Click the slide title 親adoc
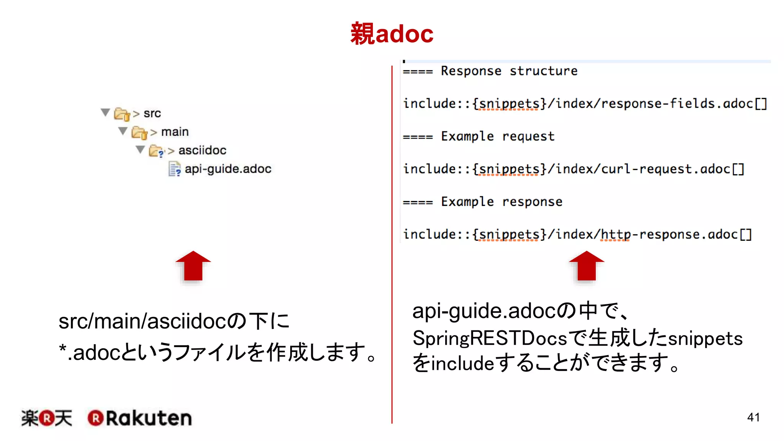coord(392,34)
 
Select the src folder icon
coord(122,114)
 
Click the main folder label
coord(175,132)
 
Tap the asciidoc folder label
coord(202,150)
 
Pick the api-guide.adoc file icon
coord(175,169)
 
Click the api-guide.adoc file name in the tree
coord(228,169)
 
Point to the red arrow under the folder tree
coord(193,267)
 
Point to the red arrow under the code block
coord(586,267)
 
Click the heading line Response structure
coord(490,71)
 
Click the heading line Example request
coord(479,137)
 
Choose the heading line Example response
coord(482,202)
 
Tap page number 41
coord(753,417)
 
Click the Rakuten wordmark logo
coord(140,418)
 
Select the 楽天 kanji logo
coord(46,418)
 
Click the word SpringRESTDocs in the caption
coord(490,338)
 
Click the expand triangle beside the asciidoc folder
coord(140,150)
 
